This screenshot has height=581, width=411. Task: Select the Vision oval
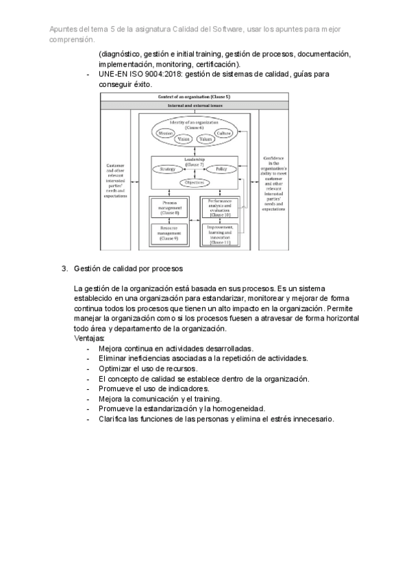tap(183, 139)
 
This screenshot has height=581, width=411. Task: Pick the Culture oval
tap(224, 132)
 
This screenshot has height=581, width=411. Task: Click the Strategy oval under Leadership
tap(168, 169)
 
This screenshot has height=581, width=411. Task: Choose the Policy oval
tap(221, 169)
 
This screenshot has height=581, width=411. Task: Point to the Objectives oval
tap(194, 182)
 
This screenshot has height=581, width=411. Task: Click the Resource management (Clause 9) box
tap(170, 234)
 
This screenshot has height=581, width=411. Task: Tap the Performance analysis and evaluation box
tap(220, 208)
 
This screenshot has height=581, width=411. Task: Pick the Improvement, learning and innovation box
tap(220, 235)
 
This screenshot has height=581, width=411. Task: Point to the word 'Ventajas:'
tap(89, 338)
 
